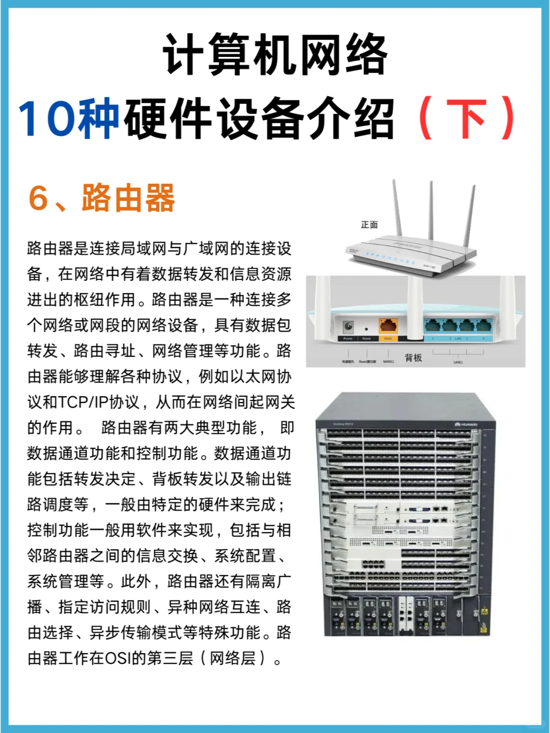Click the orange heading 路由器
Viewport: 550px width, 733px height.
pos(128,198)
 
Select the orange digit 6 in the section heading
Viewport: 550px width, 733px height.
pos(39,198)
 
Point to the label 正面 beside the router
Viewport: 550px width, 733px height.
pos(369,224)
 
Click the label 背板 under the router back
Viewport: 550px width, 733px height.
pos(413,358)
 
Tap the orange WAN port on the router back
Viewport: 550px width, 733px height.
pos(388,326)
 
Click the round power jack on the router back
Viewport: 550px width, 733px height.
pos(348,326)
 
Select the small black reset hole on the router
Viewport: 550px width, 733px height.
pos(366,329)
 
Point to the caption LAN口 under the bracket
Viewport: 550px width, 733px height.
pos(458,362)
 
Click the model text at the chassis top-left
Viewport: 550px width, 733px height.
pos(343,424)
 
